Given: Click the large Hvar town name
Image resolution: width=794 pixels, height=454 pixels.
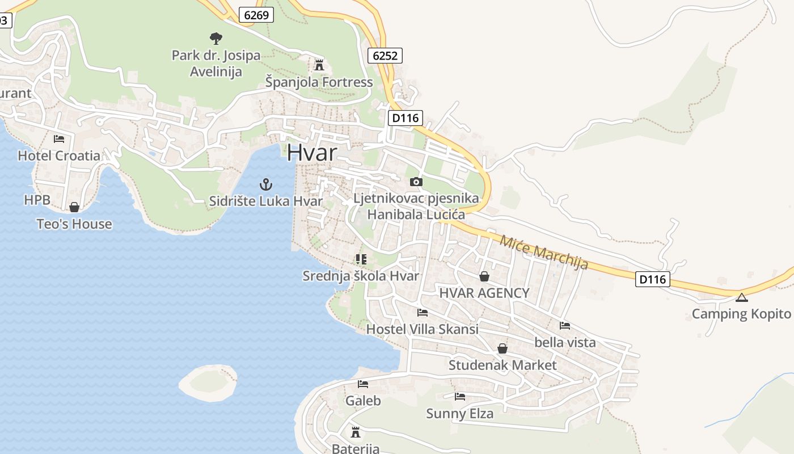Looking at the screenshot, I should click(311, 153).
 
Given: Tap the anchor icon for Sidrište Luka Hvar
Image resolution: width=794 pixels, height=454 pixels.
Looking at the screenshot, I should click(265, 184).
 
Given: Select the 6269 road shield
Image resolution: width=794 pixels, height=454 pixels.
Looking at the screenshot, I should click(256, 15).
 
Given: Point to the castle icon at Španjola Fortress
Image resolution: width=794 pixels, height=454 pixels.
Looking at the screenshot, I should click(319, 64).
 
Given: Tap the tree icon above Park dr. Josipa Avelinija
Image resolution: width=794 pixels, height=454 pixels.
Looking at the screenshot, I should click(216, 39).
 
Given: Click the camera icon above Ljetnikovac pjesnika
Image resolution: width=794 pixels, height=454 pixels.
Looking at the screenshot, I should click(416, 182).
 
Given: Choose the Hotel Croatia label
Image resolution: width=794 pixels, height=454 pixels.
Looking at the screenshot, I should click(59, 155).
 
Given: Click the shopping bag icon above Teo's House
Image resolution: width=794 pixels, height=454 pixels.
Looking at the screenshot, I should click(74, 207).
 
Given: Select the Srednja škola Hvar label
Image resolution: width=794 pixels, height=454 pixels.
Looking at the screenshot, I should click(361, 276).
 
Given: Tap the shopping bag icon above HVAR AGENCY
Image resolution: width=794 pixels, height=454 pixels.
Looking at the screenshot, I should click(484, 276).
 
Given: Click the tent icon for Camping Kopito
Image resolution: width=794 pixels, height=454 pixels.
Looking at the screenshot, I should click(741, 297).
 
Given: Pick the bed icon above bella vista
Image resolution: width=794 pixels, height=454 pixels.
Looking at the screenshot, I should click(564, 326).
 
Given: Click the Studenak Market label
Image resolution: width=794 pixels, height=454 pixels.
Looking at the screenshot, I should click(502, 365).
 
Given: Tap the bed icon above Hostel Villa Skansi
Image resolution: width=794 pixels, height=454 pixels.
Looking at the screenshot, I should click(422, 312).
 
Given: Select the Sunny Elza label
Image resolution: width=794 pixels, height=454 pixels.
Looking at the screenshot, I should click(459, 414).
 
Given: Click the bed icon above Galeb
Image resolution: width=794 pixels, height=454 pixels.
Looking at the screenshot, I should click(363, 384).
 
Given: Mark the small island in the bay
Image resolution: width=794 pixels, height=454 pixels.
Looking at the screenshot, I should click(208, 382).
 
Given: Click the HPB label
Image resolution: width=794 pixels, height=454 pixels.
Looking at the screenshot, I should click(37, 200).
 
